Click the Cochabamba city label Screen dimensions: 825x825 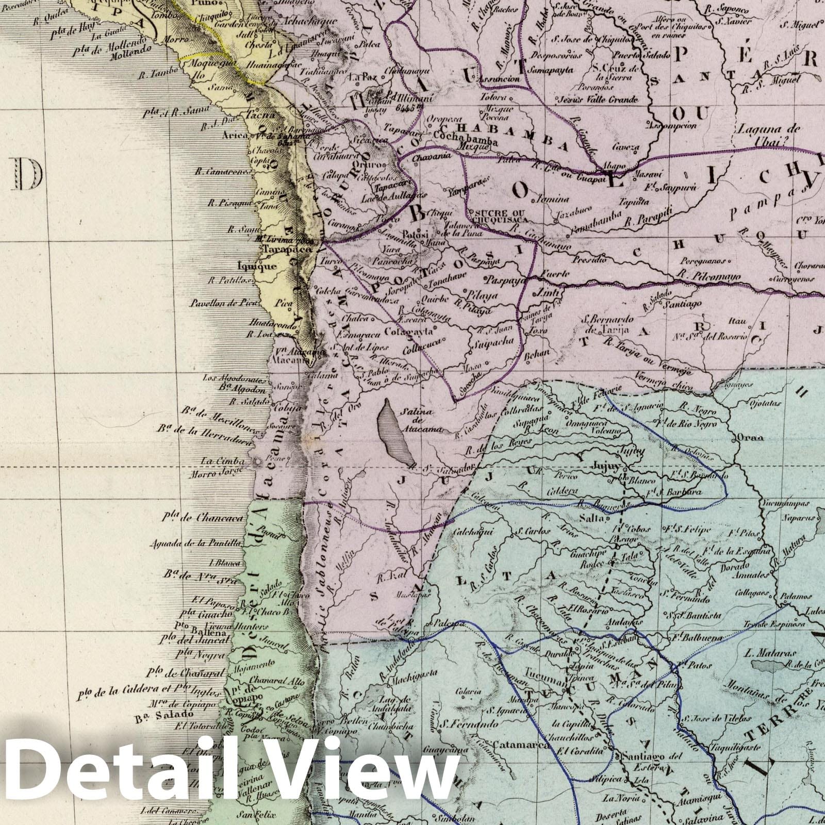click(x=466, y=142)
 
